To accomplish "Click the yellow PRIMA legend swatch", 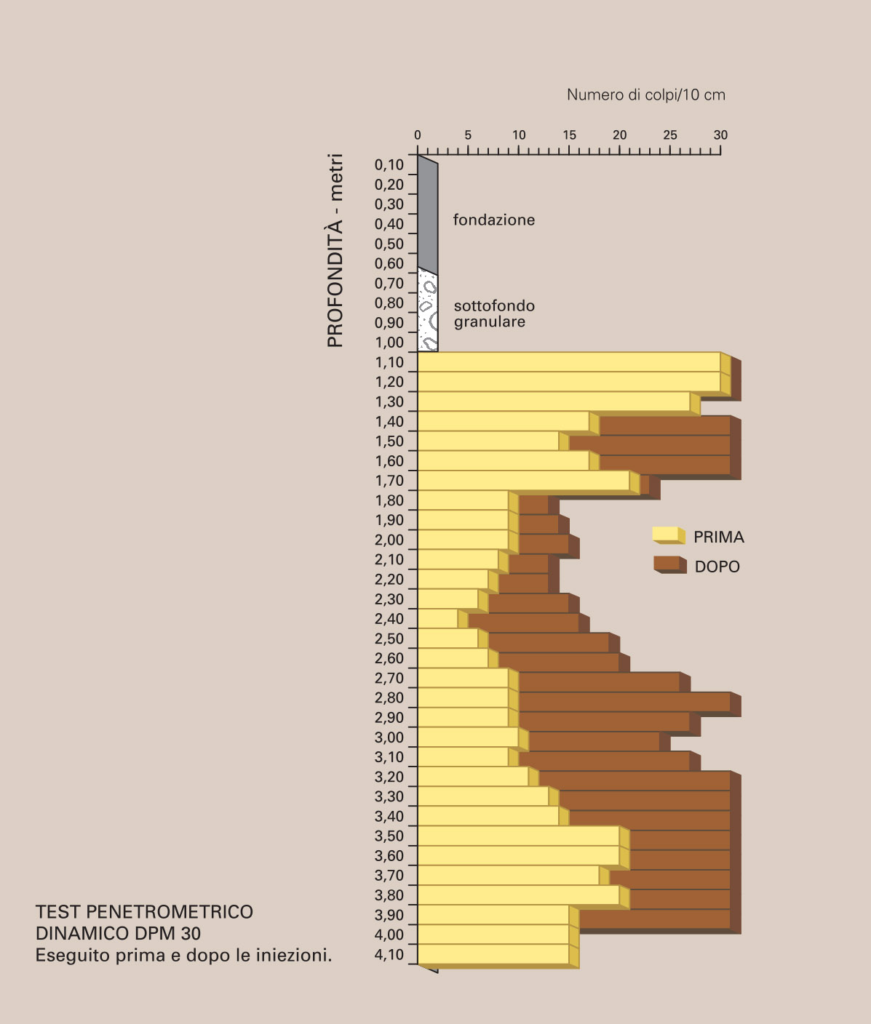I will tap(668, 535).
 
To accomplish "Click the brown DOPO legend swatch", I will tap(669, 564).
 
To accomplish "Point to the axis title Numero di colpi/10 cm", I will tap(645, 95).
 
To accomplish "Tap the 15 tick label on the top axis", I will tap(569, 135).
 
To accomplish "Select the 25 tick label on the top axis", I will tap(670, 135).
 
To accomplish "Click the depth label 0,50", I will tap(389, 244).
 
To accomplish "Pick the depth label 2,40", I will tap(389, 619).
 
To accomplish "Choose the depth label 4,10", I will tap(389, 955).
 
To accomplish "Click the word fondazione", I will tap(494, 220).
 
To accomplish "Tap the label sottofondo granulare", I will tap(494, 313).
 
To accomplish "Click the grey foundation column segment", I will tap(428, 215).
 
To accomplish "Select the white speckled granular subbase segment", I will tap(428, 311).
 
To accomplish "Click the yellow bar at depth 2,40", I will tap(438, 619).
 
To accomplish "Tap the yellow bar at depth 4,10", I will tap(493, 953).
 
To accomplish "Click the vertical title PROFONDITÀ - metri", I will tap(335, 250).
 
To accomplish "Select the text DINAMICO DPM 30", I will tap(118, 934).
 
